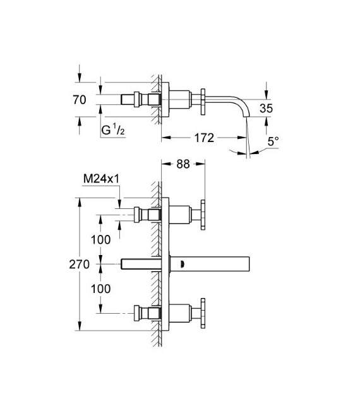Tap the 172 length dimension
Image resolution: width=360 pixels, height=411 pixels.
204,137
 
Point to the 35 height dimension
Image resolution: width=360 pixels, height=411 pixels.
266,108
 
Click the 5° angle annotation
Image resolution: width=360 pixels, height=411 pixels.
272,143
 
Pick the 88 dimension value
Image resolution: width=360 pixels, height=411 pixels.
183,164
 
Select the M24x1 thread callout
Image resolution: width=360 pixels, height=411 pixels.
102,179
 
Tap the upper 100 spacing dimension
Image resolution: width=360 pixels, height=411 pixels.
101,239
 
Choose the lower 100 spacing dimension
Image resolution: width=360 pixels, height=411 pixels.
101,289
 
